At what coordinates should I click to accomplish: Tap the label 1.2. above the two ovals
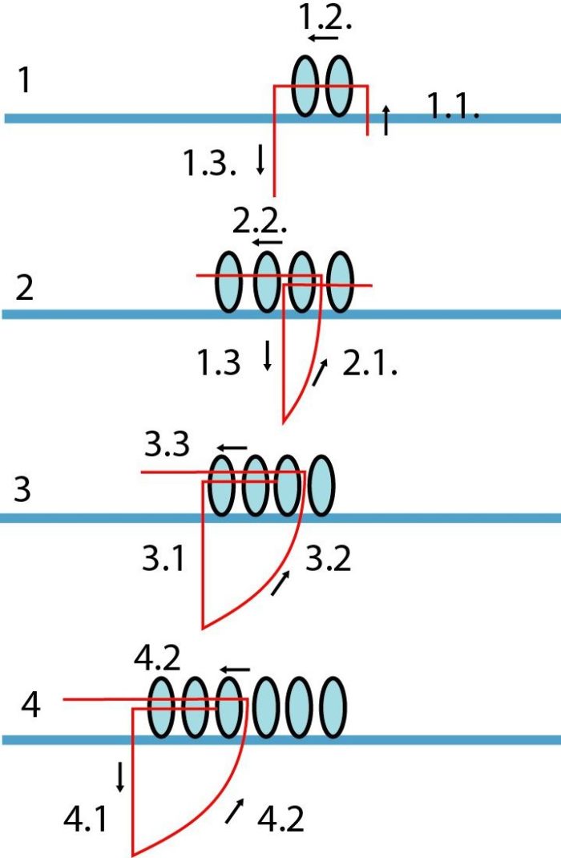(325, 18)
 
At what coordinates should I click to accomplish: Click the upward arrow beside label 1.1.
(386, 119)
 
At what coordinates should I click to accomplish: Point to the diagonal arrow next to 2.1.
(320, 372)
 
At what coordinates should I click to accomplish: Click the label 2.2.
(260, 221)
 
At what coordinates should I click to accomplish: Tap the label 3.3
(167, 444)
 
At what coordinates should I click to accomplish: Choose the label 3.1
(163, 559)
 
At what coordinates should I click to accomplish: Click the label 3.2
(328, 559)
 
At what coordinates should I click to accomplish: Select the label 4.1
(85, 820)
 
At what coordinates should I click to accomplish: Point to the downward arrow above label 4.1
(119, 776)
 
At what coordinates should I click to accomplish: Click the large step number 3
(22, 489)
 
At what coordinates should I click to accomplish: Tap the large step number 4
(30, 705)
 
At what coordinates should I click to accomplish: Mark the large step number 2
(24, 287)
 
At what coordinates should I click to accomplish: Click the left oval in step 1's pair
(305, 86)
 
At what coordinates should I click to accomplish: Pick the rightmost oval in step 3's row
(321, 485)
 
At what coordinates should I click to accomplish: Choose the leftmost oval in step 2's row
(229, 281)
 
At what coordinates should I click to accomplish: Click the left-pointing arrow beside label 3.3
(232, 447)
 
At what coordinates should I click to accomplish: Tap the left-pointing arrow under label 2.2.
(268, 241)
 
